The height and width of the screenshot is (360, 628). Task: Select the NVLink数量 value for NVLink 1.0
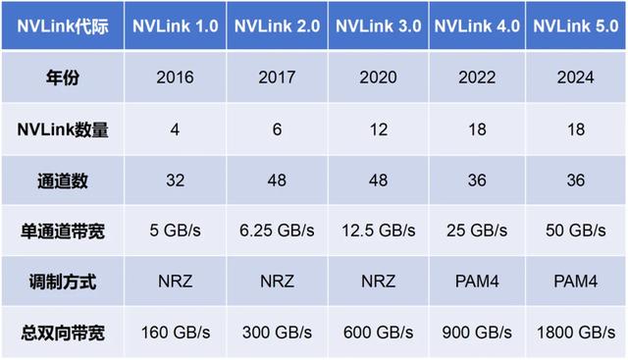175,129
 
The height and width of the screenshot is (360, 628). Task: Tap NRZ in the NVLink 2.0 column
274,281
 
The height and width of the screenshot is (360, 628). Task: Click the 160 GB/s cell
175,331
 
